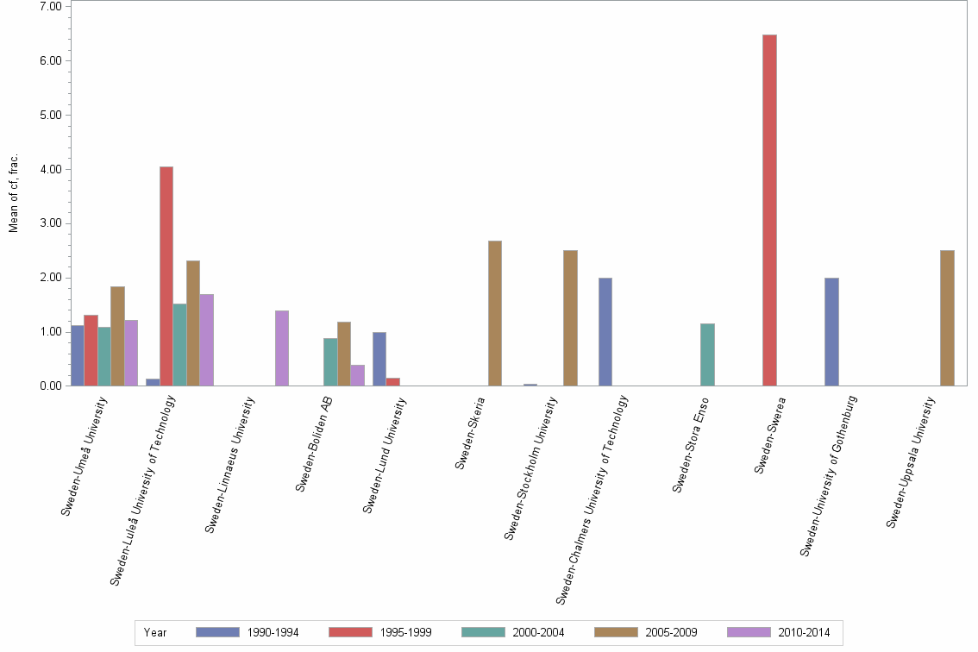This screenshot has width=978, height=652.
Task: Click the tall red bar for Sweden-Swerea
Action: [769, 210]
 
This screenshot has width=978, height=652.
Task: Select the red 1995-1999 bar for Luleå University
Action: [166, 276]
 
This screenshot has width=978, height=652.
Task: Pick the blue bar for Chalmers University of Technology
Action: [605, 332]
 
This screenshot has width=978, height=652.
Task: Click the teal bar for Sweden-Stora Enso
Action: [707, 354]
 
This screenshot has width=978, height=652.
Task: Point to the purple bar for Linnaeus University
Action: [282, 348]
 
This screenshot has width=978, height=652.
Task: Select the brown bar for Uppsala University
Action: [947, 318]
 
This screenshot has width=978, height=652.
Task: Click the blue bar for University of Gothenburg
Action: [831, 332]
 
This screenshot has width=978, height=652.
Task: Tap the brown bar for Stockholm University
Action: [570, 318]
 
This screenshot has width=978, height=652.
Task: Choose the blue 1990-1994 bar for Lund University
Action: [379, 359]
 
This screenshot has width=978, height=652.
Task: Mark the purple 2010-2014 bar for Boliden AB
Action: [357, 375]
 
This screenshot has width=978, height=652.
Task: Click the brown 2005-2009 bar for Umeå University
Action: [117, 336]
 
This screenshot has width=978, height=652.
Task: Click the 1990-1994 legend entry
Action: [247, 633]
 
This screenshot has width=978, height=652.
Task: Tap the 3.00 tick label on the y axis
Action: [50, 224]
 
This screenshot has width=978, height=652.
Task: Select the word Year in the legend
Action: [156, 633]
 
